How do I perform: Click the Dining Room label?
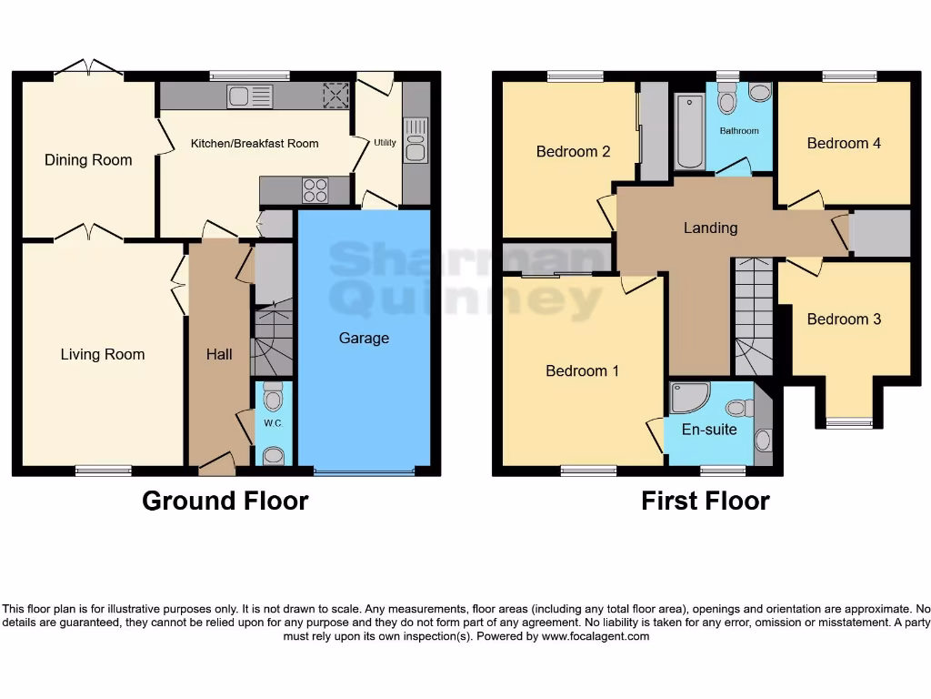coord(88,160)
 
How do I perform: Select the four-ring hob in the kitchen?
coord(315,190)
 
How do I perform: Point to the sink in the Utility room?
coord(415,140)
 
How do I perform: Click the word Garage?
coord(364,339)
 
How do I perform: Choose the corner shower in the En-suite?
coord(686,398)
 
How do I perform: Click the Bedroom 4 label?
coord(844,143)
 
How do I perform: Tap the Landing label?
coord(710,228)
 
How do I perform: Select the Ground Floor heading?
coord(225,501)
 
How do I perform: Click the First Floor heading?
coord(705,501)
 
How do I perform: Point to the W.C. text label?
coord(273,424)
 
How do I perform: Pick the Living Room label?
coord(103,354)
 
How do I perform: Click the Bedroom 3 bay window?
coord(848,421)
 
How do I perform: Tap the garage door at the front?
coord(364,471)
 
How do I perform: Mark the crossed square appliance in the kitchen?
coord(336,96)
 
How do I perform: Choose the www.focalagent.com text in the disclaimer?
coord(596,637)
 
